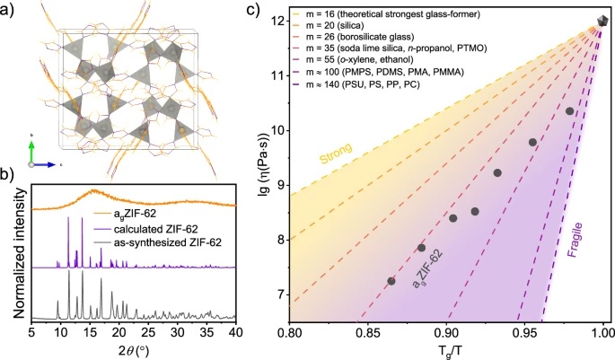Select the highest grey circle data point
pos(569,111)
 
